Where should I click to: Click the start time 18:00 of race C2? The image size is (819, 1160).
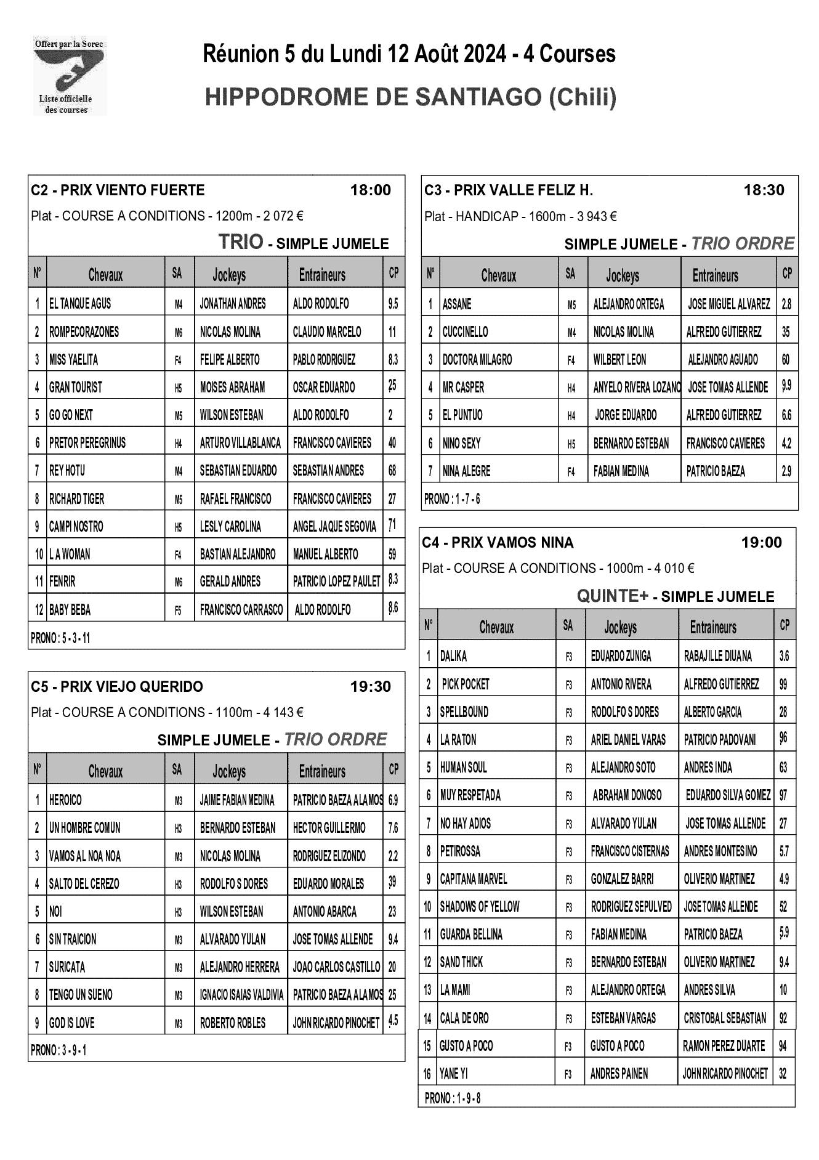point(370,190)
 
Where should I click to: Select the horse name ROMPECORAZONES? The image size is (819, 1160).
point(84,332)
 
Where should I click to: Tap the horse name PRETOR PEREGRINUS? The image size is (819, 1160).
point(87,443)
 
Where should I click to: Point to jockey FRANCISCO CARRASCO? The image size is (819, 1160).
point(241,610)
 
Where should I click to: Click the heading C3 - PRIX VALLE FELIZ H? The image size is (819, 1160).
point(509,190)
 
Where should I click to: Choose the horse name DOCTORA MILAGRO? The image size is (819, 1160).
point(477,360)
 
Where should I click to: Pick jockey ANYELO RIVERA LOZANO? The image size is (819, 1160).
point(637,387)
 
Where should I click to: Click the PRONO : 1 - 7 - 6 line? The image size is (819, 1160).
point(452,499)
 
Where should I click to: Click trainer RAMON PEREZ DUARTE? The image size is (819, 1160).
point(724,1045)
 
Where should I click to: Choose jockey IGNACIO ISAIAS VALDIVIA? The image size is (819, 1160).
point(241,995)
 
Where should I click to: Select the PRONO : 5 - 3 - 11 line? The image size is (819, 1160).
point(60,638)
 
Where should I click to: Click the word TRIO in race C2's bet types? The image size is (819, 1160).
point(241,242)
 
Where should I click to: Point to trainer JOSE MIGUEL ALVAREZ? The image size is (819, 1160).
point(729,304)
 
